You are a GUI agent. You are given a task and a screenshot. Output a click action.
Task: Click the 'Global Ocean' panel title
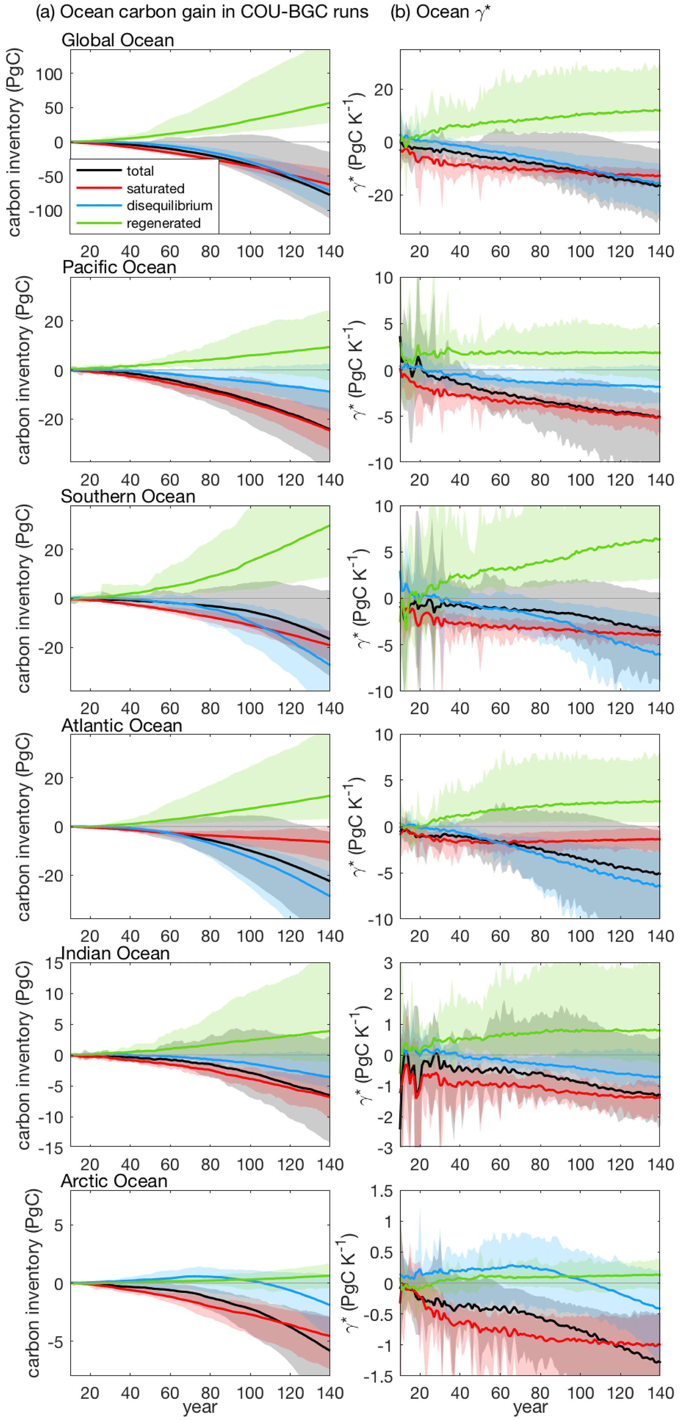(117, 40)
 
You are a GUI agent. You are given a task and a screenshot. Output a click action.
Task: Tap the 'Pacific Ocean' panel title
(119, 268)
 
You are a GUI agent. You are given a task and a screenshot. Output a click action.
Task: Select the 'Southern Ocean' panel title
(128, 496)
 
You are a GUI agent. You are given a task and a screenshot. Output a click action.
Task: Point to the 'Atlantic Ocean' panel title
(121, 725)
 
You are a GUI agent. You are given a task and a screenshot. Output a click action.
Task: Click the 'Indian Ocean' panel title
(115, 953)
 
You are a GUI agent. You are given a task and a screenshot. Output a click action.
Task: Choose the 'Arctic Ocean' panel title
(113, 1181)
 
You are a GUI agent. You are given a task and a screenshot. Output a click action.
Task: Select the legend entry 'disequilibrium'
(169, 206)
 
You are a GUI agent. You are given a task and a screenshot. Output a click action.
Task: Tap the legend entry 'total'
(140, 171)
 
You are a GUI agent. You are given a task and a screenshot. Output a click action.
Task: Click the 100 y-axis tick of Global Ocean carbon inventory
(49, 74)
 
